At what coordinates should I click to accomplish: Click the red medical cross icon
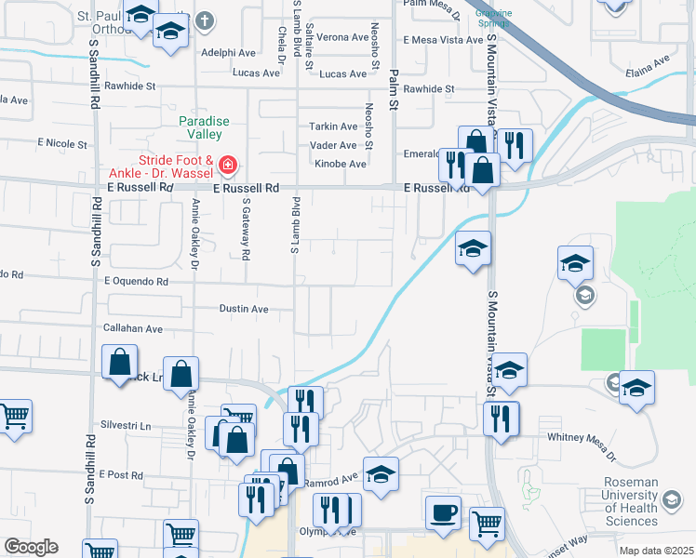pos(226,166)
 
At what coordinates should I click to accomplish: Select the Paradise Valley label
pos(204,128)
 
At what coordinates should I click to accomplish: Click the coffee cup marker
pos(443,512)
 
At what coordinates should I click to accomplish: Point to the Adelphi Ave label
pos(227,53)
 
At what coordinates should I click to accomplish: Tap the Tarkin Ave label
pos(333,126)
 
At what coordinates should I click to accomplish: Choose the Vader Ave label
pos(333,145)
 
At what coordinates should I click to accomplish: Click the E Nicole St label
pos(61,144)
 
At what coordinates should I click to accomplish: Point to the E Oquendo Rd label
pos(136,280)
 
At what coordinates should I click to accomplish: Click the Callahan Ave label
pos(133,328)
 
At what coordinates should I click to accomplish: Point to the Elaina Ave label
pos(649,64)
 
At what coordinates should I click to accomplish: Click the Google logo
pos(31,547)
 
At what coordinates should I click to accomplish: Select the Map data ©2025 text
pos(655,551)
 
